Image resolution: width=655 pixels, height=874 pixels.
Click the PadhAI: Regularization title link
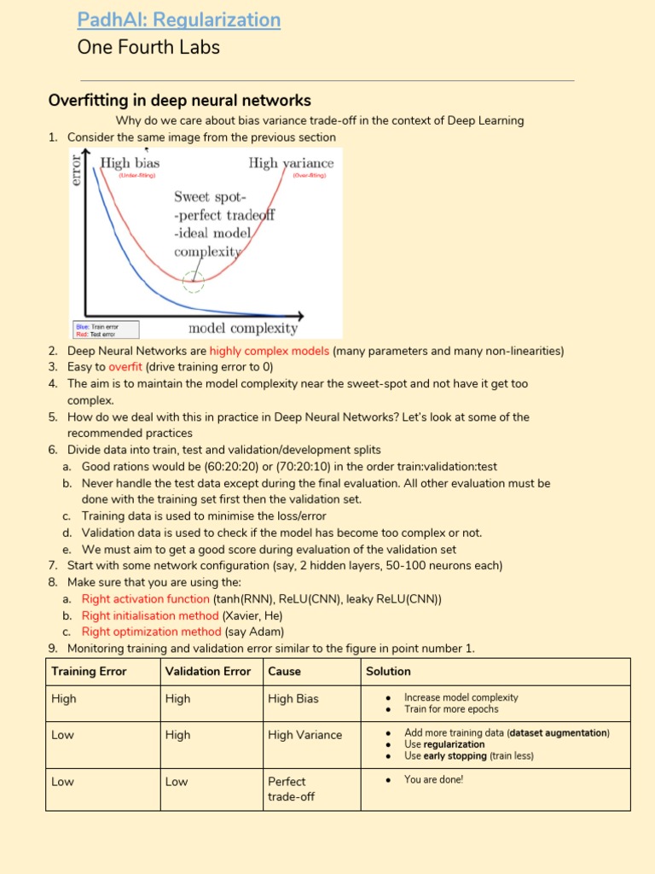[178, 19]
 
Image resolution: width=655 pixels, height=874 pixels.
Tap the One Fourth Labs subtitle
[148, 47]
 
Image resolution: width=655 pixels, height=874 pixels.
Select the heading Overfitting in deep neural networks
[180, 101]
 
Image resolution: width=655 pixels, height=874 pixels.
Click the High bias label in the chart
[130, 162]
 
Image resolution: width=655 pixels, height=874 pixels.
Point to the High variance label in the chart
[291, 162]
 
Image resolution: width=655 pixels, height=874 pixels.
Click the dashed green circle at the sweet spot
[194, 282]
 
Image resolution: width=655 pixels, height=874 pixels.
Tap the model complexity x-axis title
[243, 328]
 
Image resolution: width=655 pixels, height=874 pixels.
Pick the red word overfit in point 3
[125, 367]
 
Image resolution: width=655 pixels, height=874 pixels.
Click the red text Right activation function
[145, 599]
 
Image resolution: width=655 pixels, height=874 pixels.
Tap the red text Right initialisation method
[150, 615]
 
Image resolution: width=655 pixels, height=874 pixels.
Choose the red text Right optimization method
[151, 632]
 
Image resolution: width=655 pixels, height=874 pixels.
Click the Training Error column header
[89, 672]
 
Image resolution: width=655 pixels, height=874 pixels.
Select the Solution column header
[388, 672]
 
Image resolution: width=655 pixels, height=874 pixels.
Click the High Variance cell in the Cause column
[304, 735]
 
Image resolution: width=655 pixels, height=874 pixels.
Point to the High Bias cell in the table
[293, 699]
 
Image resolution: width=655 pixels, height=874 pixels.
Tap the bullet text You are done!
[433, 779]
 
